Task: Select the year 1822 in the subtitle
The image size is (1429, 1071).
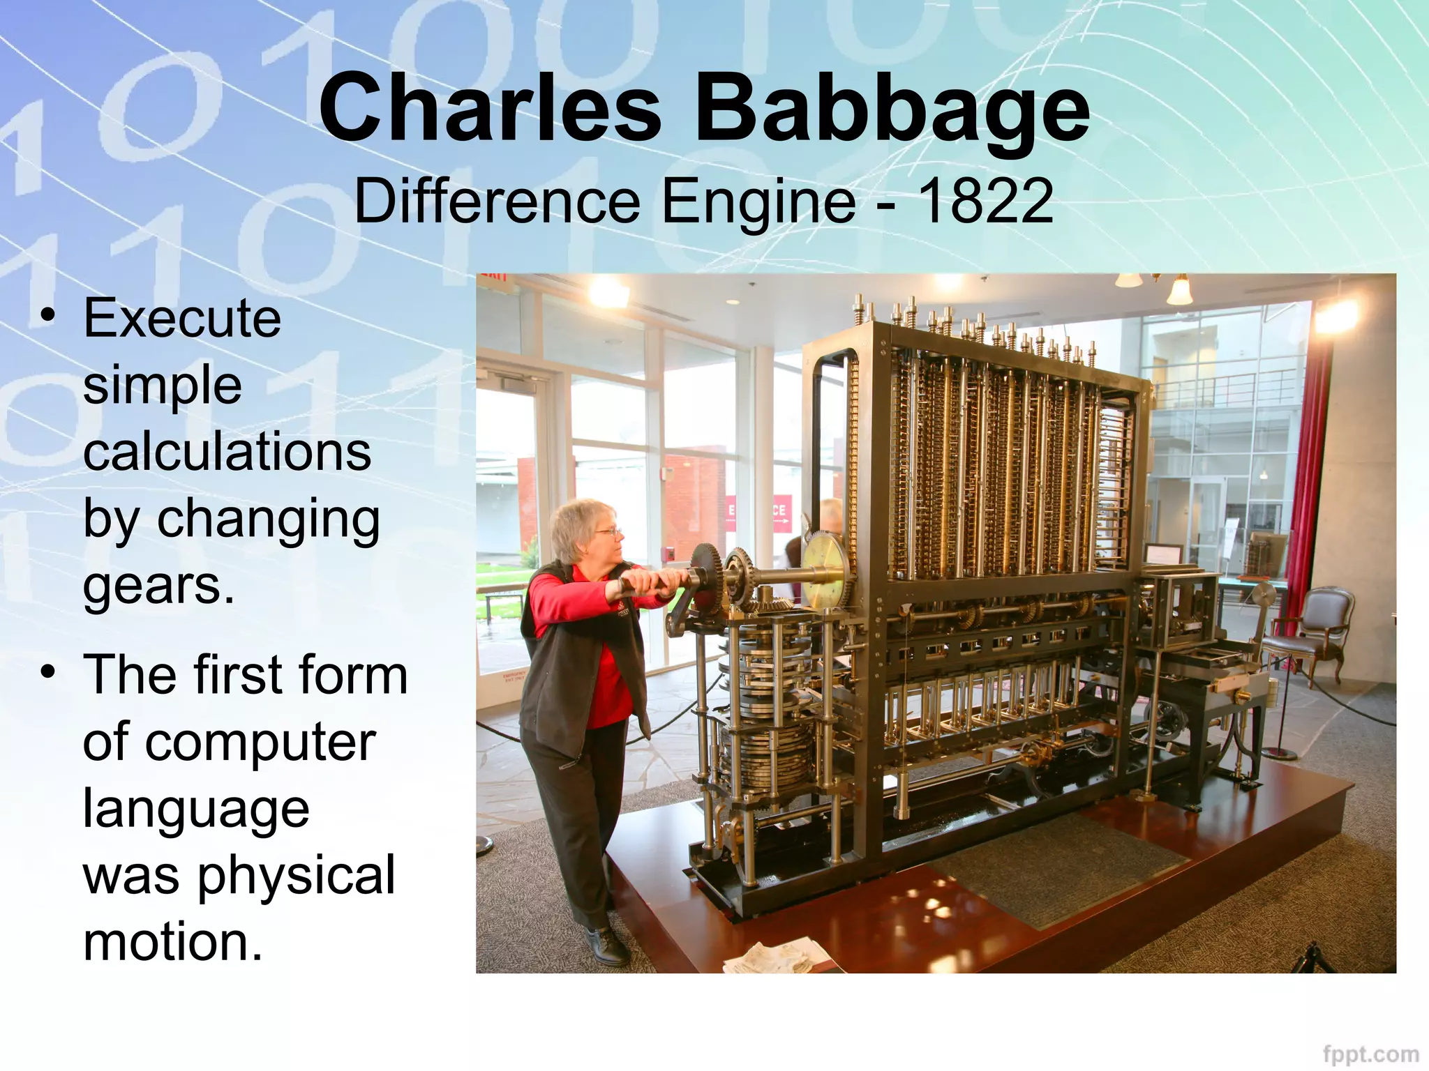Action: pyautogui.click(x=985, y=202)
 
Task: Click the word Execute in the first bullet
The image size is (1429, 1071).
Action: pyautogui.click(x=182, y=319)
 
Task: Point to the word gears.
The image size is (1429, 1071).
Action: pyautogui.click(x=158, y=587)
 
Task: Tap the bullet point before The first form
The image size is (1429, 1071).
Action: pyautogui.click(x=47, y=674)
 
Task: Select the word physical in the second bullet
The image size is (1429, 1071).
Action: pyautogui.click(x=297, y=876)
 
